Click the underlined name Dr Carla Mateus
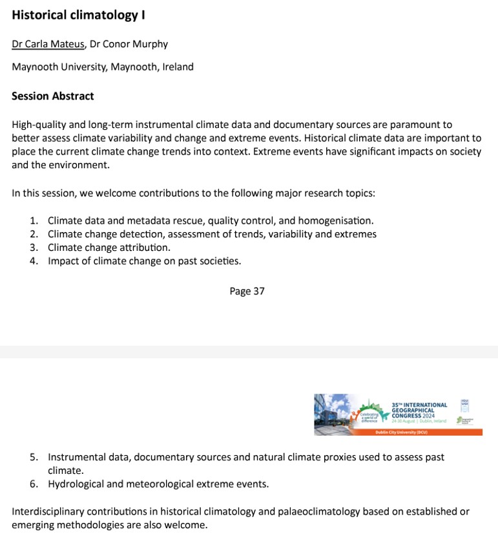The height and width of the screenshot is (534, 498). tap(48, 44)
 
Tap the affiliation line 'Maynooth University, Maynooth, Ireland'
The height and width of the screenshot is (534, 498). tap(102, 67)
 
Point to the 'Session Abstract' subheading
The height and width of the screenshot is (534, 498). tap(53, 96)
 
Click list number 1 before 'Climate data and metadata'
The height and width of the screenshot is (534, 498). tap(34, 220)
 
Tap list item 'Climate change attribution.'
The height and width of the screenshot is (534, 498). tap(109, 248)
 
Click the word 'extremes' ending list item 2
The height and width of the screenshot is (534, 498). tap(356, 234)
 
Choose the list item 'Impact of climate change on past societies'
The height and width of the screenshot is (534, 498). tap(144, 261)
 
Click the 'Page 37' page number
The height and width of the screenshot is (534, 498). tap(247, 292)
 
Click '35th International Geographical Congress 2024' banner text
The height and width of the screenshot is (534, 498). tap(419, 409)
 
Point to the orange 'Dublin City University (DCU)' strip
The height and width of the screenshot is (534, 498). tap(398, 432)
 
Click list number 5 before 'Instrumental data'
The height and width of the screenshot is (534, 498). tap(34, 457)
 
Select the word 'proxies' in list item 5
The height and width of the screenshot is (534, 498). tap(333, 457)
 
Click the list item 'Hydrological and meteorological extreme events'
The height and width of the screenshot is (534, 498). tap(158, 484)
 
